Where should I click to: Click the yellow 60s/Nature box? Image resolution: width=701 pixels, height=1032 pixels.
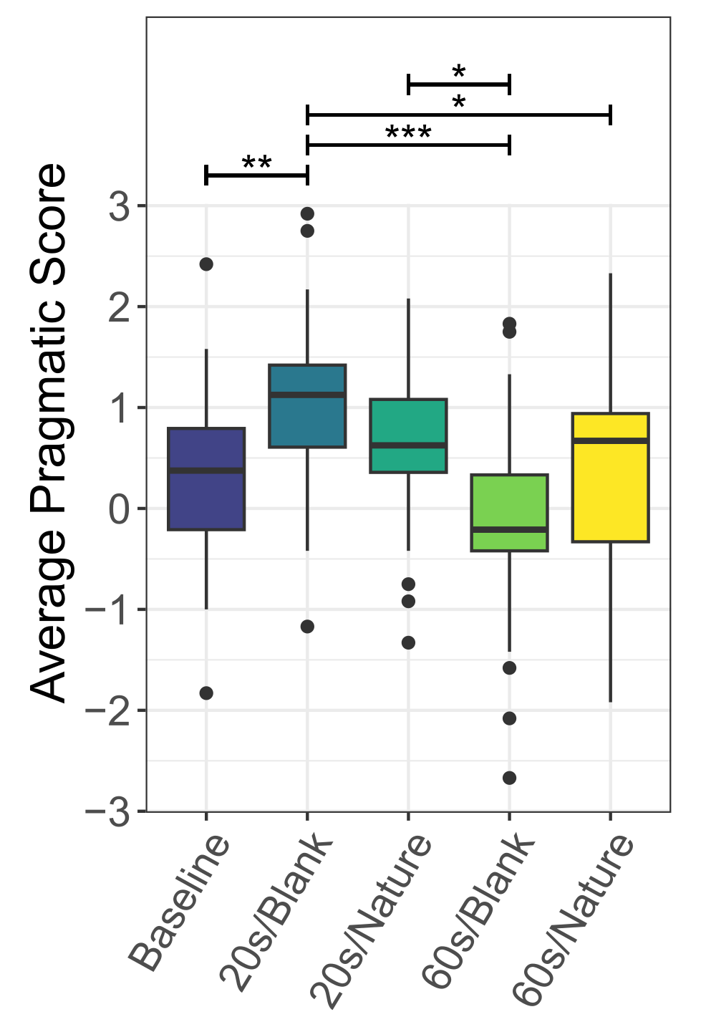pos(610,478)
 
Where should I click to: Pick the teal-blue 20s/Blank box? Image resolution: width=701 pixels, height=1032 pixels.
pos(307,406)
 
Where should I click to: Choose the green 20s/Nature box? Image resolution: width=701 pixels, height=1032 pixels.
pos(408,435)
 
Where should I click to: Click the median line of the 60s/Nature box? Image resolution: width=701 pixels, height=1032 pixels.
pos(610,440)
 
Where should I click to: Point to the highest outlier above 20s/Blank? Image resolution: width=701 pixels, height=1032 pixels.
pos(307,213)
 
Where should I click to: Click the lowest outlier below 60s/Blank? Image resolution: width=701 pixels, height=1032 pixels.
pos(509,778)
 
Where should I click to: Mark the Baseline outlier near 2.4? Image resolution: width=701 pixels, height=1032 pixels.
pos(206,264)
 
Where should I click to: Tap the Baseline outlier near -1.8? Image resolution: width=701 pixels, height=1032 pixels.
pos(206,693)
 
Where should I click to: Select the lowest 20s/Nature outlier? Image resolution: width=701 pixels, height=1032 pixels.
pos(408,642)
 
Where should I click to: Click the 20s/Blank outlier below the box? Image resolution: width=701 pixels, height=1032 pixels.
pos(307,627)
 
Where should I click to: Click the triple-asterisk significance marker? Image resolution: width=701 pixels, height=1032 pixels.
pos(408,134)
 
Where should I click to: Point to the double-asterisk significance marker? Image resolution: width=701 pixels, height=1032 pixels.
pos(256,164)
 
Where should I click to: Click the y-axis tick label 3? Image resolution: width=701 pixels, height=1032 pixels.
pos(120,207)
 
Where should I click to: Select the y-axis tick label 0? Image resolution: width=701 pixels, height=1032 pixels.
pos(120,509)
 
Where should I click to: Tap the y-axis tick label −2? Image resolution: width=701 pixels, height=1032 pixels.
pos(109,711)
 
